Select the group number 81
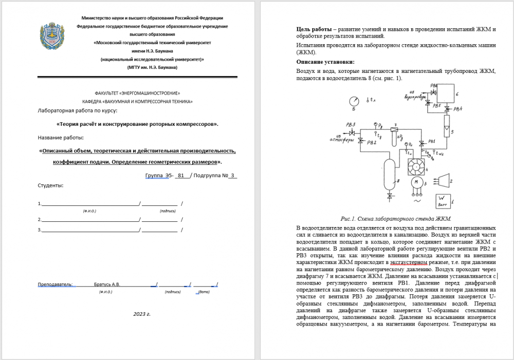pos(180,175)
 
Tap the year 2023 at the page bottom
pos(139,313)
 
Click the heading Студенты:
pos(50,185)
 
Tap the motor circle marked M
pos(414,182)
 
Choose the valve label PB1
pos(431,141)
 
